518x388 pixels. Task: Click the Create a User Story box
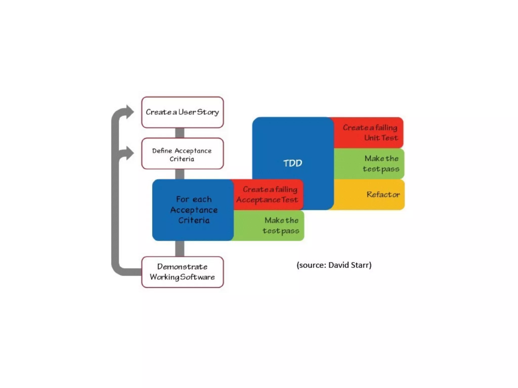[182, 112]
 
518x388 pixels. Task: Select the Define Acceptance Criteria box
[182, 154]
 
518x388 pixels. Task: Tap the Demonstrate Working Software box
[182, 272]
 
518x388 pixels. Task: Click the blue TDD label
[293, 163]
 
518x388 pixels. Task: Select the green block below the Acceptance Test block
[269, 226]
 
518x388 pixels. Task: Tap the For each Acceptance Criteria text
[194, 210]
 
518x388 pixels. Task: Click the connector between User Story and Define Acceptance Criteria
[180, 133]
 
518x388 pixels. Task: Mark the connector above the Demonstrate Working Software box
[180, 249]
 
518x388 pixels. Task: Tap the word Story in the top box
[208, 112]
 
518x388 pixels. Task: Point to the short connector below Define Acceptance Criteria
[180, 174]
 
